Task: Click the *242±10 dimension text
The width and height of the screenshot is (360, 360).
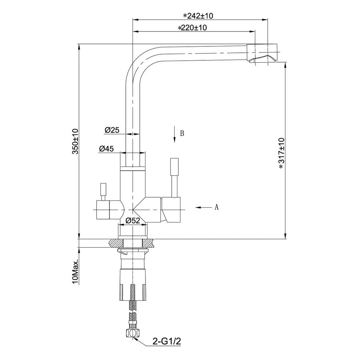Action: coord(198,16)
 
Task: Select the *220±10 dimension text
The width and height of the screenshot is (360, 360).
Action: coord(193,28)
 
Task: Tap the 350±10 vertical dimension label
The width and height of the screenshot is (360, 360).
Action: coord(75,141)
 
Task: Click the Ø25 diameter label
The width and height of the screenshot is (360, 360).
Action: coord(112,130)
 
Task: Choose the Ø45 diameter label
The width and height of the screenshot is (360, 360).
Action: coord(106,148)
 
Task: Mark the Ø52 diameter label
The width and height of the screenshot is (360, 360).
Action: coord(133,221)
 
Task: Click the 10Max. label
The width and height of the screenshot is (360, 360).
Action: coord(75,272)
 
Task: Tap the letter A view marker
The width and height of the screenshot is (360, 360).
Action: coord(216,207)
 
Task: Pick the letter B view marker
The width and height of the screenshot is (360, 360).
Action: coord(182,133)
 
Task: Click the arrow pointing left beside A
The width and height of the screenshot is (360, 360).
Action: coord(204,207)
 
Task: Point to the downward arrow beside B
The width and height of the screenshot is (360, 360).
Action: coord(174,134)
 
